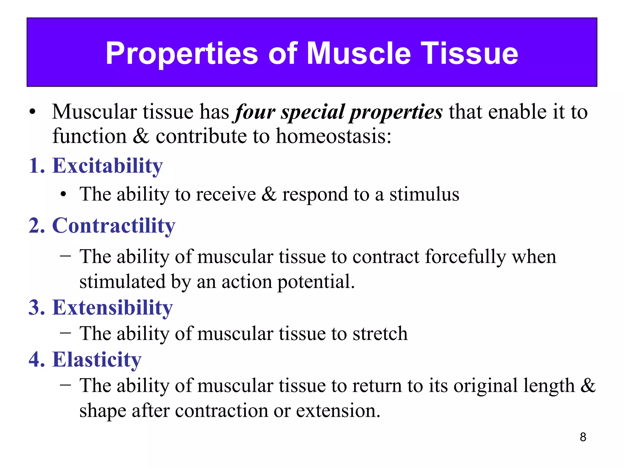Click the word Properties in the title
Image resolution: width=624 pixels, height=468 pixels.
point(182,54)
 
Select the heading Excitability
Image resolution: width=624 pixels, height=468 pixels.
point(107,166)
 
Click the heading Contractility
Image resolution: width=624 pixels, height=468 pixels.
point(114,226)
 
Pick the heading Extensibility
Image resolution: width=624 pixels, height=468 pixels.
point(112,308)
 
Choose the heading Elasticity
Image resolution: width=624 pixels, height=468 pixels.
point(97,360)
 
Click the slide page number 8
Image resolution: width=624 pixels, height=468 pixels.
point(583,437)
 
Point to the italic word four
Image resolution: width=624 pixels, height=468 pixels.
point(254,112)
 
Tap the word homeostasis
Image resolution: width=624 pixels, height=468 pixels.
point(333,136)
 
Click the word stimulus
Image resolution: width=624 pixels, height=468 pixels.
point(424,194)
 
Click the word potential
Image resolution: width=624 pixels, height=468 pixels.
point(316,282)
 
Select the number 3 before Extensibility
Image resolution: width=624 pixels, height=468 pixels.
point(37,308)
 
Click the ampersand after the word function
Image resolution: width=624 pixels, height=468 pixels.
point(141,136)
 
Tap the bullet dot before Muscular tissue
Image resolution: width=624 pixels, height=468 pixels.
point(33,112)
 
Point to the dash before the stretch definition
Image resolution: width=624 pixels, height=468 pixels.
point(66,333)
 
